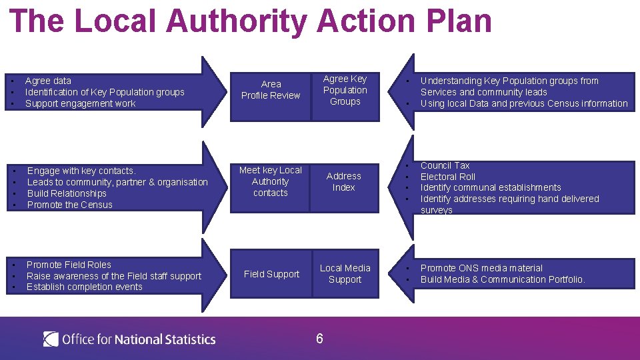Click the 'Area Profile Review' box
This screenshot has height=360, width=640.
pos(271,90)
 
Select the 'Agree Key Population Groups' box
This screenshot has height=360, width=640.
pos(345,90)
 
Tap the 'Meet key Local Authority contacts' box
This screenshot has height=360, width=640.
pos(271,181)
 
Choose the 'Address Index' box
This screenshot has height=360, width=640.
pos(344,181)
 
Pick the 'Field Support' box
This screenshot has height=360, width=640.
pos(271,274)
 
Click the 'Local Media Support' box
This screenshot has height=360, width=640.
pos(345,274)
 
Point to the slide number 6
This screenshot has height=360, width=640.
pos(319,339)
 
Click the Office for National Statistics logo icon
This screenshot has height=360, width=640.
pos(51,339)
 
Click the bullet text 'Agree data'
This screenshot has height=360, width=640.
pos(48,81)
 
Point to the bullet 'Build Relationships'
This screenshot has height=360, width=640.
pos(67,193)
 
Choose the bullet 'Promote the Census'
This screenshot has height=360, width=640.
pos(70,205)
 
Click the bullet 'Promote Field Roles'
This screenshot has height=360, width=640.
pos(69,265)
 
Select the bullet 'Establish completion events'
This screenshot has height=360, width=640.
pos(85,287)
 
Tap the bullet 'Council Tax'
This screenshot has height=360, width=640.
pos(445,165)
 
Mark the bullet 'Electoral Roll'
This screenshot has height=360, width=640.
pos(448,177)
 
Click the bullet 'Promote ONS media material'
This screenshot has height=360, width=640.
pos(481,268)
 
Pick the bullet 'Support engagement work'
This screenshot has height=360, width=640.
pos(80,103)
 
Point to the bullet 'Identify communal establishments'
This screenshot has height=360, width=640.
pos(491,187)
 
